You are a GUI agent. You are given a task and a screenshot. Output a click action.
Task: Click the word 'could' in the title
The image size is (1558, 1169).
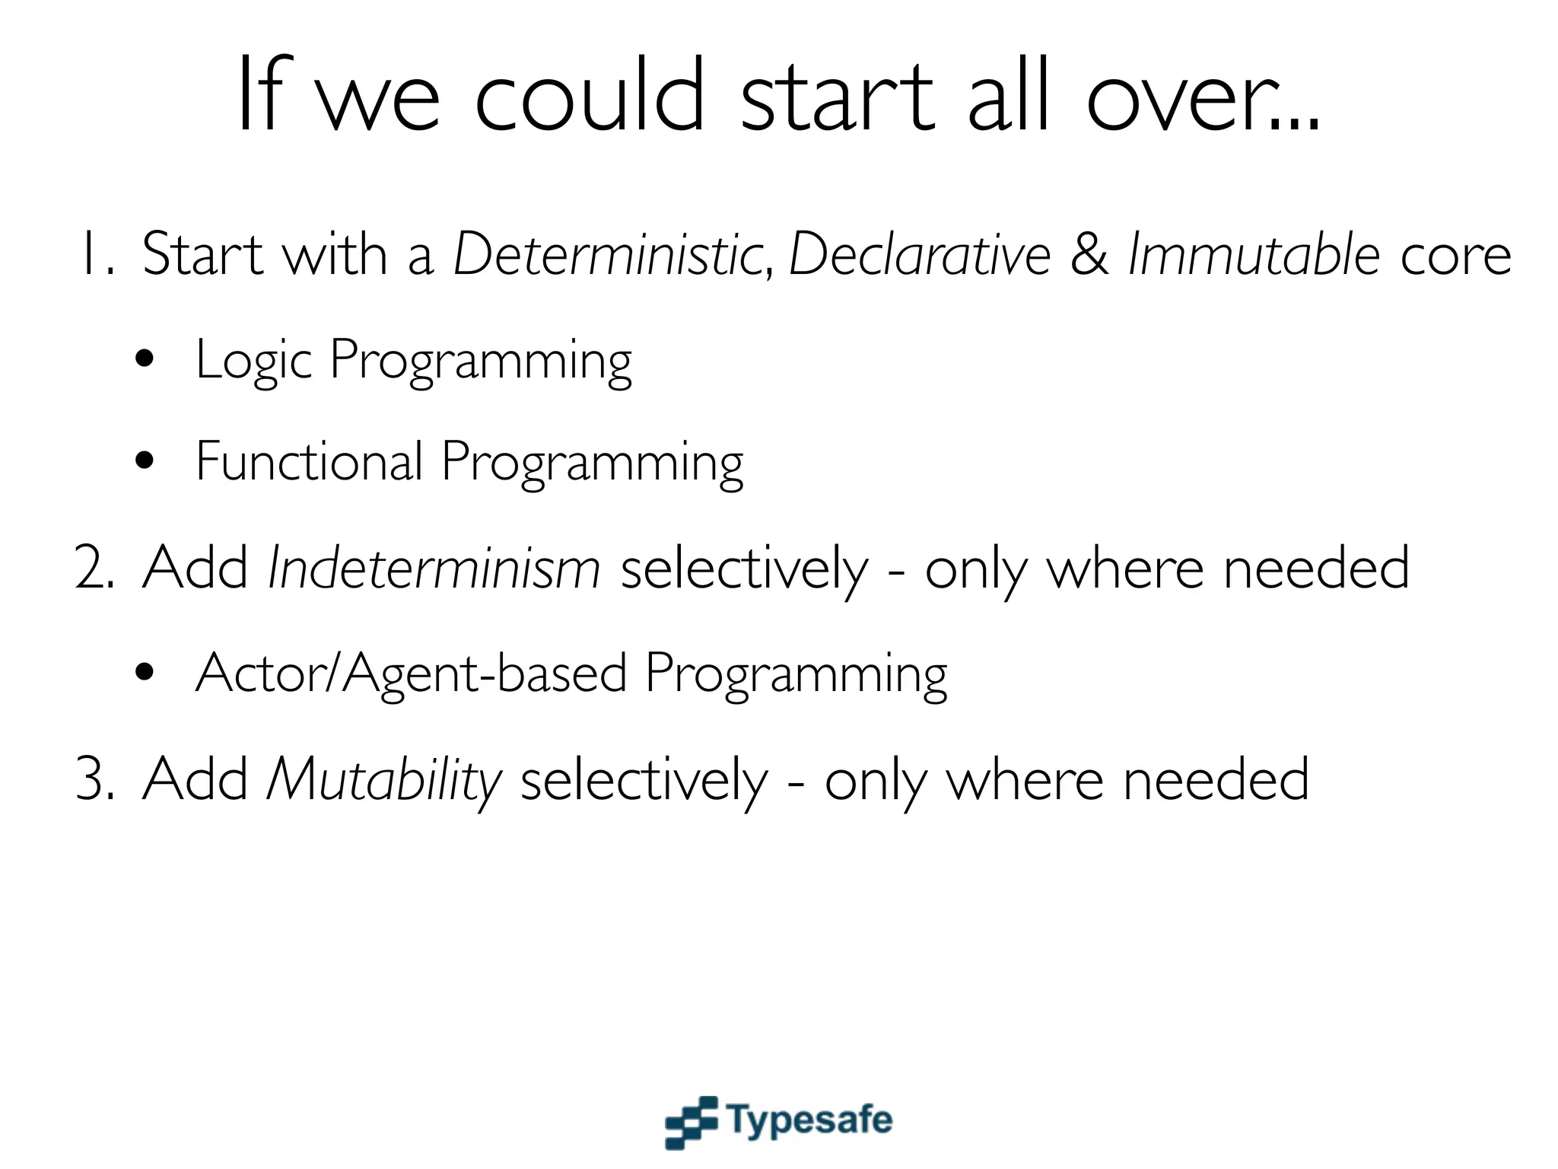click(590, 97)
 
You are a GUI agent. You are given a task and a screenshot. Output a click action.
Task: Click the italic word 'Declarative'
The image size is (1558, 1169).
click(919, 255)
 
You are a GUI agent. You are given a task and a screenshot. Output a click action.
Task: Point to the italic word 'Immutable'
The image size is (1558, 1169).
click(1253, 255)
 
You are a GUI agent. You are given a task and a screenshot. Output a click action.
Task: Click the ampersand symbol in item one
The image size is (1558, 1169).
click(1089, 255)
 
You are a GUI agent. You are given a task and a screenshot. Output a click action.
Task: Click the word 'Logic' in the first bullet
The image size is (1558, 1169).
click(253, 360)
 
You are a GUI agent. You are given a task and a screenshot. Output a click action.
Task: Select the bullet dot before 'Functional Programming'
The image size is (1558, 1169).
click(145, 461)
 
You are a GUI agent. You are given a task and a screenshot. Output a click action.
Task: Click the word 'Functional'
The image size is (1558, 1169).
click(308, 461)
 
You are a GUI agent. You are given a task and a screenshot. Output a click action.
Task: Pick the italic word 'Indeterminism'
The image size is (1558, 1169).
click(434, 569)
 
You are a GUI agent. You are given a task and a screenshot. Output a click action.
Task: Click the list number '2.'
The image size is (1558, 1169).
click(95, 569)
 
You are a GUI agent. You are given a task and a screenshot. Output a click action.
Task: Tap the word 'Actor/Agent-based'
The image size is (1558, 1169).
click(411, 674)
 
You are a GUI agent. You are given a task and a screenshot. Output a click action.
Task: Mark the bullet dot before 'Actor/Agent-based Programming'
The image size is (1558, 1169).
click(145, 673)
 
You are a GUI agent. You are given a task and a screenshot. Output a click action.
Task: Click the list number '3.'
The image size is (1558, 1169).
click(95, 780)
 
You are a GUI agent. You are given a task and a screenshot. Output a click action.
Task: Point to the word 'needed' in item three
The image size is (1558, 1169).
click(1215, 780)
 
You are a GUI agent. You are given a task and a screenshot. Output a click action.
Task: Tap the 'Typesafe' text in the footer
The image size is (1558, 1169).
click(809, 1120)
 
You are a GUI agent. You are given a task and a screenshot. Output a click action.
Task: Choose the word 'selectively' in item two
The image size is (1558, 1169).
click(744, 569)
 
